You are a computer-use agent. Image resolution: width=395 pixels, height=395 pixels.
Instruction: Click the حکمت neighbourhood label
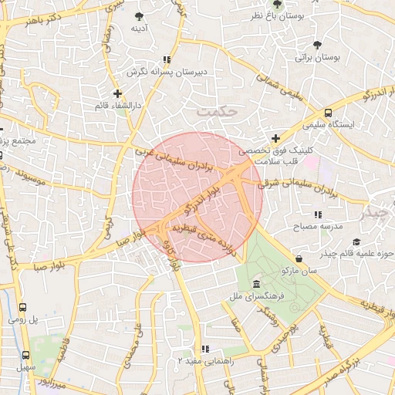click(214, 113)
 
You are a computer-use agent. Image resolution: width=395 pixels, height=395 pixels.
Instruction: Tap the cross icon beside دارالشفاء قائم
click(117, 93)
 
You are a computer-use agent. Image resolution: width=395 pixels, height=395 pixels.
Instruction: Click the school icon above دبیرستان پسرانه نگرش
click(167, 59)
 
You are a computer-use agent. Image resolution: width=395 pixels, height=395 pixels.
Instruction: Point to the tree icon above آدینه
click(139, 15)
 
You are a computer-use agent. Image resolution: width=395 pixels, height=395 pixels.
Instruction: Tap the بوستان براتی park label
click(317, 57)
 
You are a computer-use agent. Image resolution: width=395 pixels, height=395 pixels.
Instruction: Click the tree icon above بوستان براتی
click(318, 44)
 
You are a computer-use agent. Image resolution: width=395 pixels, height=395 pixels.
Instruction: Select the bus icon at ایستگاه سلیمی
click(329, 111)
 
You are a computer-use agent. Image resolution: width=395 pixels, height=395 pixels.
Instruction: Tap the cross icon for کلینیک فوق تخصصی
click(275, 137)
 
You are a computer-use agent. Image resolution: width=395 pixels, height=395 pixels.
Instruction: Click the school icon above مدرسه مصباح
click(317, 214)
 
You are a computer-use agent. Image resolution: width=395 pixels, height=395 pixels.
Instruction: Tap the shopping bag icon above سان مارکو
click(299, 258)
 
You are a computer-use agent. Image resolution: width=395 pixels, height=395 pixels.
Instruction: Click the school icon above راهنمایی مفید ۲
click(204, 349)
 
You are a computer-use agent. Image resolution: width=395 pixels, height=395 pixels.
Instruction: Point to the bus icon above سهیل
click(26, 356)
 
